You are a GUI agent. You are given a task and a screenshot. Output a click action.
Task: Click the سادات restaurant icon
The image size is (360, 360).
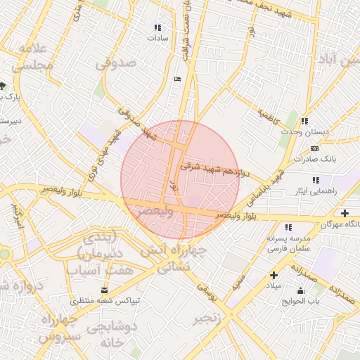157,28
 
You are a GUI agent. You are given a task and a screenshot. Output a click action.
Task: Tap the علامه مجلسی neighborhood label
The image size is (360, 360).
29,57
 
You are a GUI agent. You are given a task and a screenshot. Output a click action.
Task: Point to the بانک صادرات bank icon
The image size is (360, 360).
314,148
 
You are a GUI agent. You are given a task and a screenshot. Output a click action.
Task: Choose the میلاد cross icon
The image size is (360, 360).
274,275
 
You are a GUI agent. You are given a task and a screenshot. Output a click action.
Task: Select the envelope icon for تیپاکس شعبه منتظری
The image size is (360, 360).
105,290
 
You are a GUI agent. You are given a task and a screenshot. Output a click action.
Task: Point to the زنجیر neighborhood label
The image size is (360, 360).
212,318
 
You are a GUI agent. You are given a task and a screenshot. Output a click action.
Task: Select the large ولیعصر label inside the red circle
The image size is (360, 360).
154,210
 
